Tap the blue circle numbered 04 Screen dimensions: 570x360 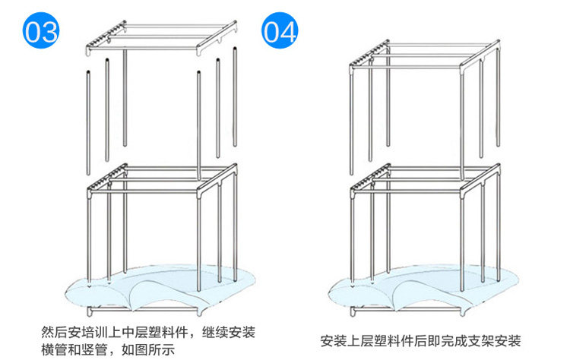click(279, 32)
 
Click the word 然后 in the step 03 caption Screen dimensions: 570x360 click(53, 333)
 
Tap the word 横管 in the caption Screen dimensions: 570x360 click(54, 350)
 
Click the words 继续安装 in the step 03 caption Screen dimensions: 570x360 click(227, 333)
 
